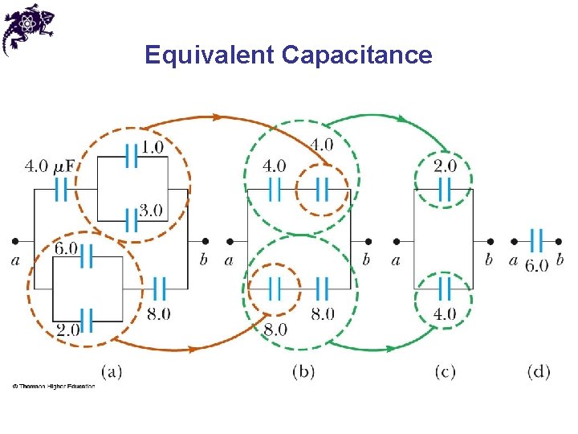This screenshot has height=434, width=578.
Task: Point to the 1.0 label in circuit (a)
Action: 152,147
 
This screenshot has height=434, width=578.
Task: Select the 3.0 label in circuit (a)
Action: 151,211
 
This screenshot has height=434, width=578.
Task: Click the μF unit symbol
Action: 66,166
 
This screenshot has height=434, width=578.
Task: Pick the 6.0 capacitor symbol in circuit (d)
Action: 536,240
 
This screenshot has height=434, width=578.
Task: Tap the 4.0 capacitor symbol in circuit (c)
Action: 444,289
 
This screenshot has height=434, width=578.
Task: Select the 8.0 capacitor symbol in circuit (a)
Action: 159,289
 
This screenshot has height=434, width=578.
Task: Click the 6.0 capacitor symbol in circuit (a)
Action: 87,257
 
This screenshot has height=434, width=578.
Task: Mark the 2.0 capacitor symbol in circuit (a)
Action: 87,320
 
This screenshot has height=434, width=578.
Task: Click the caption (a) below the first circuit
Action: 112,371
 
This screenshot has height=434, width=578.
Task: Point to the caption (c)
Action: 445,371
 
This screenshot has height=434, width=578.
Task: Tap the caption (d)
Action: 539,371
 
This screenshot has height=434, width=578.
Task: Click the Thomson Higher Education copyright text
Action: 53,387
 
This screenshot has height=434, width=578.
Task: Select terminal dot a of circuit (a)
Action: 15,240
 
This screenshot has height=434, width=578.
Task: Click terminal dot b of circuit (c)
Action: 489,240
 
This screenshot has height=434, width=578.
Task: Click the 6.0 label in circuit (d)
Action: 537,264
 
